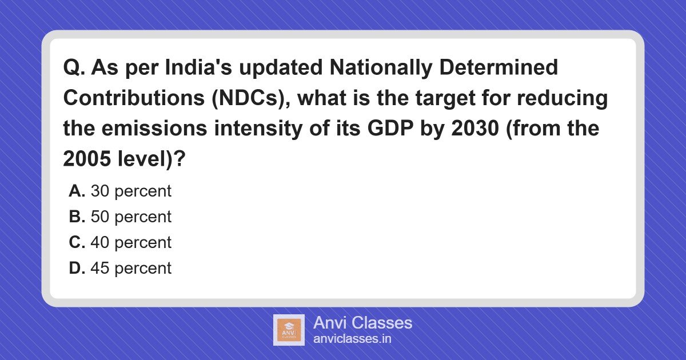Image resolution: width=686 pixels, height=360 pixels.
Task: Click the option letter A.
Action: tap(77, 191)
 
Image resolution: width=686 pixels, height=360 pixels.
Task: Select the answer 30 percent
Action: tap(131, 191)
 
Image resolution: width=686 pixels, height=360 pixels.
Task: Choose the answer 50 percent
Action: tap(131, 217)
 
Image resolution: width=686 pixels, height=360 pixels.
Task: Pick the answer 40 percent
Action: tap(131, 243)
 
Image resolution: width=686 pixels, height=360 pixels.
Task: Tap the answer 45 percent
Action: tap(131, 269)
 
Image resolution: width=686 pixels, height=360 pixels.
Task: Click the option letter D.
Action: tap(77, 269)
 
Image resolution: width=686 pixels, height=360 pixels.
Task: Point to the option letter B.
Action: tap(77, 217)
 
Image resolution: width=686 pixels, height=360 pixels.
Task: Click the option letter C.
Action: tap(77, 243)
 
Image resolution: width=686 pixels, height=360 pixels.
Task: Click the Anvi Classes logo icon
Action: tap(289, 330)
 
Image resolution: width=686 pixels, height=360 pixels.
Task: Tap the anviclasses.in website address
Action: tap(352, 338)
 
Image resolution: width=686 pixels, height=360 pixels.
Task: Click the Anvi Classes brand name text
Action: tap(362, 323)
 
